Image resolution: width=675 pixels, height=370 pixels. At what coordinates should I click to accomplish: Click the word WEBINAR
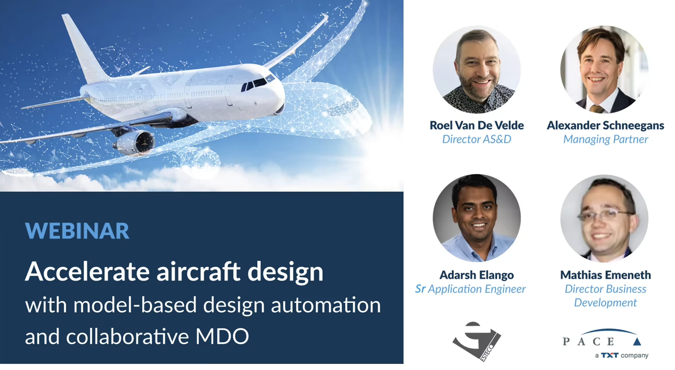pyautogui.click(x=77, y=231)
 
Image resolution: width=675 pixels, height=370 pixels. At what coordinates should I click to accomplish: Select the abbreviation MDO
pyautogui.click(x=222, y=336)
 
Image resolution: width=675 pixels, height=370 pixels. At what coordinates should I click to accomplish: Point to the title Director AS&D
pyautogui.click(x=477, y=139)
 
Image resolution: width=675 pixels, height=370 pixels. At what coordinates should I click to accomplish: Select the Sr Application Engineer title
pyautogui.click(x=470, y=289)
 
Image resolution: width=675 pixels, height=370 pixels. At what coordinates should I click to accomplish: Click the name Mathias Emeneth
pyautogui.click(x=606, y=275)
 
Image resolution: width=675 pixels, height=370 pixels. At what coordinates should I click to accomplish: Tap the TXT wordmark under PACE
pyautogui.click(x=609, y=355)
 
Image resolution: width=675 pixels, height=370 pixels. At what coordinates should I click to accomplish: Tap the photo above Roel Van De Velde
pyautogui.click(x=477, y=69)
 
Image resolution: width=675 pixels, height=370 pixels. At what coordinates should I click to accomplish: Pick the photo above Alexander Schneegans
pyautogui.click(x=605, y=69)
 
